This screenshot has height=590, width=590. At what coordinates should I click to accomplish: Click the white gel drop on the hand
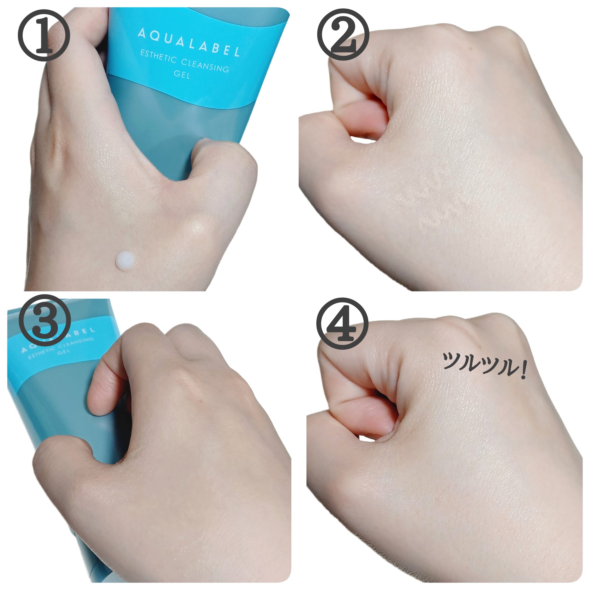126,260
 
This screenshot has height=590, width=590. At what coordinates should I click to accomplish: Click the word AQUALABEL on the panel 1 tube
188,42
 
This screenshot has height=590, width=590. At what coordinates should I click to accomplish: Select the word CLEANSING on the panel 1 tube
205,65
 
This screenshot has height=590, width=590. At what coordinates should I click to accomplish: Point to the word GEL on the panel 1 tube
182,74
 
